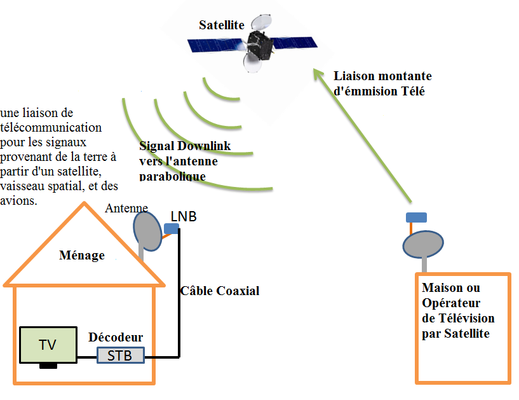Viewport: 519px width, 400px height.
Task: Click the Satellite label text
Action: coord(222,25)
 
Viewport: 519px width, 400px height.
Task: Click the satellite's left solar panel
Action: coord(215,45)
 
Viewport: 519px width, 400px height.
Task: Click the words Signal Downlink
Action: coord(185,146)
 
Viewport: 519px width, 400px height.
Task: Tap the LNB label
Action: coord(184,216)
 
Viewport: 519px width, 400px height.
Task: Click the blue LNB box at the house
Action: coord(171,228)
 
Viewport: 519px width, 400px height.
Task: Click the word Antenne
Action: coord(126,208)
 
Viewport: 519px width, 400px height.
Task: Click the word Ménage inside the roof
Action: coord(81,255)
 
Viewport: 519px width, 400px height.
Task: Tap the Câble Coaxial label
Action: coord(220,291)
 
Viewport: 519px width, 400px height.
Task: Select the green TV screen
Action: coord(48,345)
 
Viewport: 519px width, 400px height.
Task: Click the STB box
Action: coord(120,355)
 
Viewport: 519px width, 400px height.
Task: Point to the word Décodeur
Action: coord(116,336)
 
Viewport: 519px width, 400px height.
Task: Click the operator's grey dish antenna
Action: coord(423,244)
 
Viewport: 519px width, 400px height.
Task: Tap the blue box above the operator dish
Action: coord(416,217)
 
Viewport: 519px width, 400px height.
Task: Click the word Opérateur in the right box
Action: coord(451,303)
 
